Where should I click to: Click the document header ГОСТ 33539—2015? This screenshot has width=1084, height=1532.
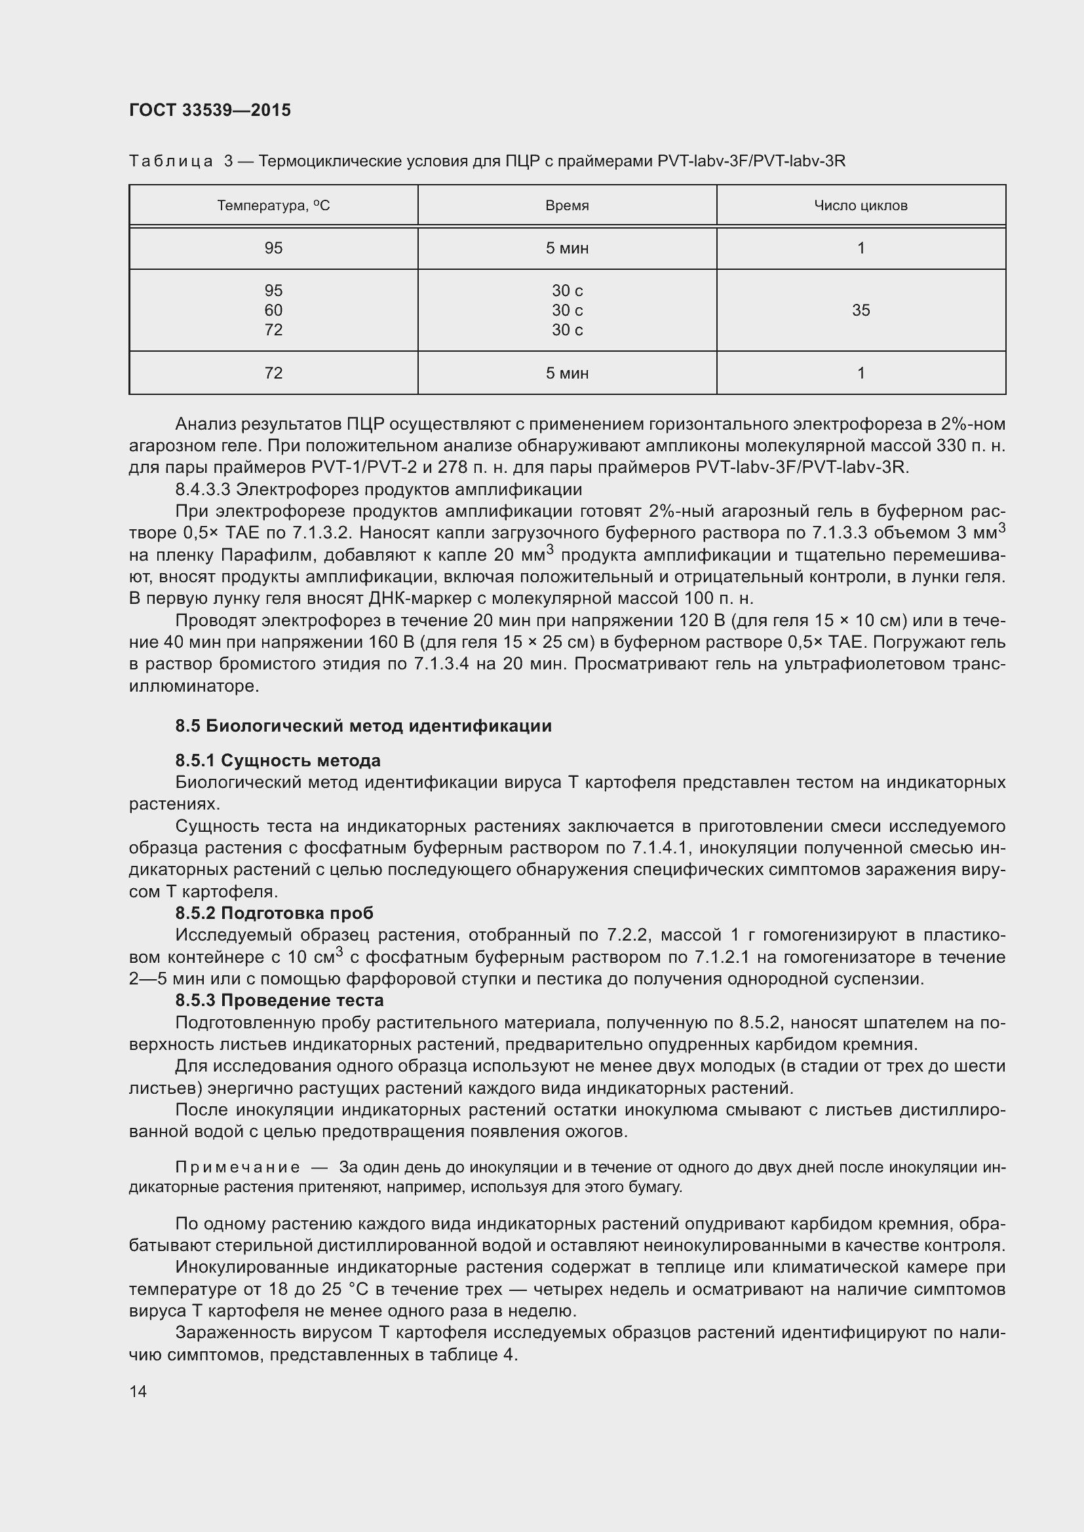click(x=210, y=110)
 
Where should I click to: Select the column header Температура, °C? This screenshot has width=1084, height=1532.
click(x=273, y=206)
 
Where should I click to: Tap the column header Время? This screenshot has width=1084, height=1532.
click(x=567, y=206)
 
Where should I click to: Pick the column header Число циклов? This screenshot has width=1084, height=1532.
click(x=861, y=206)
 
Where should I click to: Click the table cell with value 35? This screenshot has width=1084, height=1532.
click(x=861, y=310)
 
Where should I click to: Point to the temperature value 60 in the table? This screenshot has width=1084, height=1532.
click(x=273, y=310)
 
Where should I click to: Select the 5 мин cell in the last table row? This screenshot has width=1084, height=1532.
click(x=567, y=373)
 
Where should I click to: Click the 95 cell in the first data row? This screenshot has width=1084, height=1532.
click(x=273, y=248)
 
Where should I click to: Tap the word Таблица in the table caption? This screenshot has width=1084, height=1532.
click(x=171, y=161)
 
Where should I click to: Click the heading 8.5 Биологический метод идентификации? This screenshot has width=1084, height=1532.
click(x=363, y=725)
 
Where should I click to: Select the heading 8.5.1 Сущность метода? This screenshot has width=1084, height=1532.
click(x=278, y=760)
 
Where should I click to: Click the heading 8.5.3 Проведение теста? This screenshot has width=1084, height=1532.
click(x=279, y=1000)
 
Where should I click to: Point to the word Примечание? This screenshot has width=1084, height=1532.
click(x=237, y=1167)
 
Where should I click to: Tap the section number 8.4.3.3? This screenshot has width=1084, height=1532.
click(x=203, y=489)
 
